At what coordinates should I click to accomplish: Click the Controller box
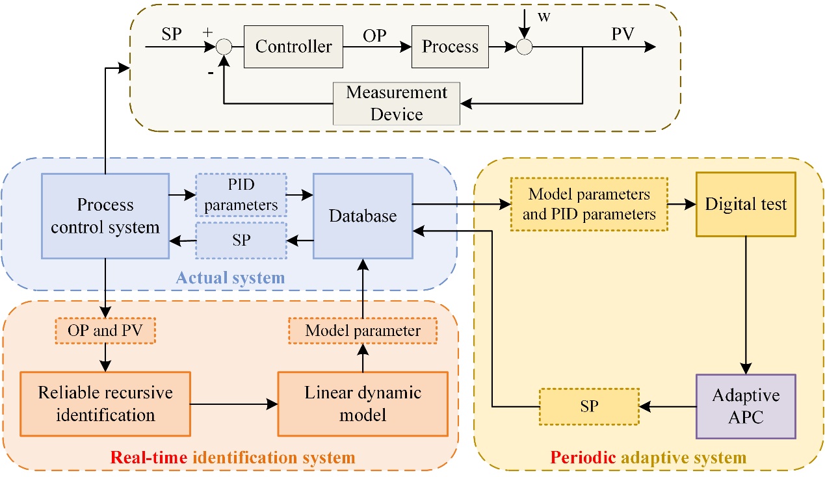(293, 47)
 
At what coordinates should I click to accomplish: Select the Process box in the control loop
(450, 47)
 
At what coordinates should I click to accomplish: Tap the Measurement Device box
(397, 103)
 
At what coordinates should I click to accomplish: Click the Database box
(363, 216)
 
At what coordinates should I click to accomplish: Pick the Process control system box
(105, 216)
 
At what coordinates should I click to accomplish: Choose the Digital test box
(746, 204)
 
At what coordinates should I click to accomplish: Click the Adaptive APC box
(746, 406)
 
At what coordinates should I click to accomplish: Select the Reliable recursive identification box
(105, 404)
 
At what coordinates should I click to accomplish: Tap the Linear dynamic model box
(363, 404)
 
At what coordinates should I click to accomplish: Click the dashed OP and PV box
(106, 330)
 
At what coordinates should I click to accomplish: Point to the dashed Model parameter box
(363, 330)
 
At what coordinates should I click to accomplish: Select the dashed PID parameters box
(241, 194)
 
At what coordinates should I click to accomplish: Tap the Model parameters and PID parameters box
(589, 203)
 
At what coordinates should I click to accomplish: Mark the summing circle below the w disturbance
(523, 47)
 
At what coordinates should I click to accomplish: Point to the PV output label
(623, 34)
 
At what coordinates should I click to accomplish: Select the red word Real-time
(144, 458)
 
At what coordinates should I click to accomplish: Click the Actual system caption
(230, 278)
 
